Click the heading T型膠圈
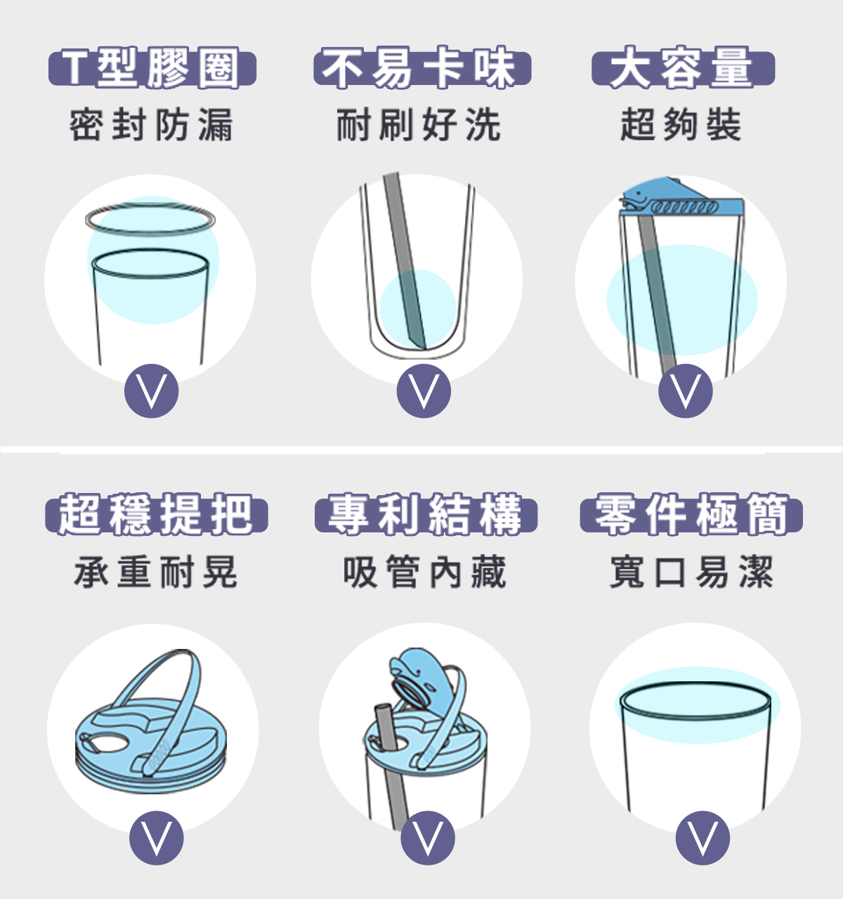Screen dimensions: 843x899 coord(152,68)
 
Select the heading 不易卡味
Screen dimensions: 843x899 coord(422,67)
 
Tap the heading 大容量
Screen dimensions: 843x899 coord(683,67)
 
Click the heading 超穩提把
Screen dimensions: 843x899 coord(156,515)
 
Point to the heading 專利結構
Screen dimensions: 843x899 coord(426,515)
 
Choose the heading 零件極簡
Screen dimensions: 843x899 coord(691,515)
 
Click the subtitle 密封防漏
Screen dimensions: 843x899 coord(151,125)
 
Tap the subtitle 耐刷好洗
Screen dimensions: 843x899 coord(419,125)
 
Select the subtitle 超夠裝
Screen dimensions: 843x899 coord(681,125)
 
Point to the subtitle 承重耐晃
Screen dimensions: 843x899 coord(155,572)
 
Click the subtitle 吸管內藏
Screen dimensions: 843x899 coord(424,572)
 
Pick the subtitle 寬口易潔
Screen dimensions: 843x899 coord(691,572)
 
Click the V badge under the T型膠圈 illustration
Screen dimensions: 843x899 coord(151,391)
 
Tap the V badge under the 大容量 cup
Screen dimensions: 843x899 coord(686,391)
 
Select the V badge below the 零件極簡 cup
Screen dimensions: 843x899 coord(702,838)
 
